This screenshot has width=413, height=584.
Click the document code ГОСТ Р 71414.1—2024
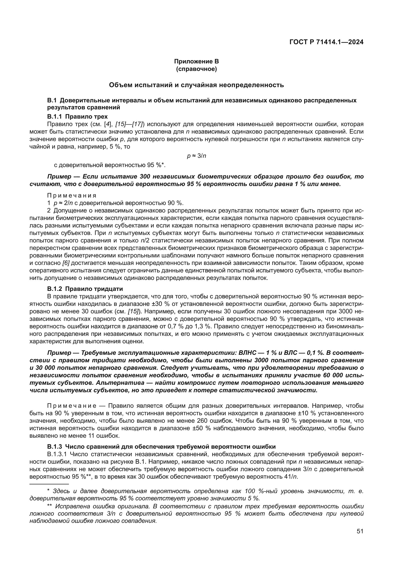click(x=326, y=42)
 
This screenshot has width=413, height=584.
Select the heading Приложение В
click(x=196, y=61)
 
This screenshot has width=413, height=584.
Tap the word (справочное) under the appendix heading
click(x=196, y=69)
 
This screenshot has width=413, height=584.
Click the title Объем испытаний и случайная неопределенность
click(x=196, y=85)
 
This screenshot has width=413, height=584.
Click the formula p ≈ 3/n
click(x=196, y=156)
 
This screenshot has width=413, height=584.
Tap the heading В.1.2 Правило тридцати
click(x=85, y=289)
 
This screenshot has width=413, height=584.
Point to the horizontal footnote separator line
click(x=49, y=484)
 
